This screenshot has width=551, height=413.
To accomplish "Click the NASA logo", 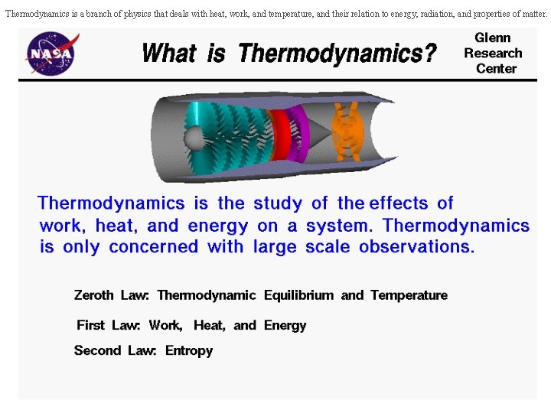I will [52, 53].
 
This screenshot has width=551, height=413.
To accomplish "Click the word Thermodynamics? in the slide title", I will [337, 54].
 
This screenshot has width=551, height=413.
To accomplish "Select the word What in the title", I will [169, 54].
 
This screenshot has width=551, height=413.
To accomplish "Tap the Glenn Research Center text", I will [493, 53].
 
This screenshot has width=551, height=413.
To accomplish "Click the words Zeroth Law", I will [112, 295].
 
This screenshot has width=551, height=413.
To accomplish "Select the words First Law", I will [108, 325].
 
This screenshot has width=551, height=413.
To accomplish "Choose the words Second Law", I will [115, 350].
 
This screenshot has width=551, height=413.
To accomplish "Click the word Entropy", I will [189, 350].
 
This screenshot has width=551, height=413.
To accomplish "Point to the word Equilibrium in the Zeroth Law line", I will [298, 295].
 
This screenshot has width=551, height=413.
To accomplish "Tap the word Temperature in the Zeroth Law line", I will [409, 295].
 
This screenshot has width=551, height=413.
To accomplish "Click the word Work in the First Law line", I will [165, 325].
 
